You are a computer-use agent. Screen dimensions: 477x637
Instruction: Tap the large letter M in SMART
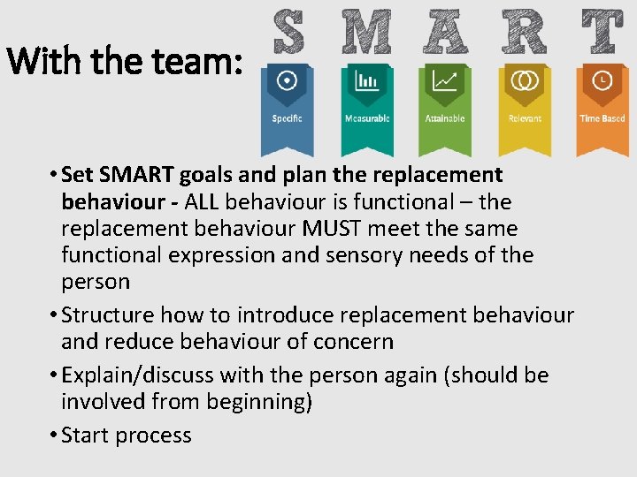point(368,32)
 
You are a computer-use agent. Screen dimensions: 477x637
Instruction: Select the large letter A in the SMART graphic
point(444,32)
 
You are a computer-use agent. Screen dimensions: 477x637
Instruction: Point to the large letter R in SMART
point(525,32)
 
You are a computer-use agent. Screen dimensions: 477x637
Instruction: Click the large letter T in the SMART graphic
point(602,32)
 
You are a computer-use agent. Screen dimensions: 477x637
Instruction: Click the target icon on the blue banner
point(287,80)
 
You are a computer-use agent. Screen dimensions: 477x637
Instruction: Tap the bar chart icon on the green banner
point(366,81)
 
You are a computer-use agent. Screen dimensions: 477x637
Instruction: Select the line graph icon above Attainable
point(444,81)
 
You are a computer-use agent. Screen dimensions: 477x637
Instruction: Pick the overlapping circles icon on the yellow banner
point(525,81)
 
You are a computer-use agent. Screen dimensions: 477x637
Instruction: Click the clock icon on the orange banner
point(602,80)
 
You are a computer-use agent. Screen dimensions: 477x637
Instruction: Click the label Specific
point(287,118)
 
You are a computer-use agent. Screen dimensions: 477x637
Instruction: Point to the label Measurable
point(366,118)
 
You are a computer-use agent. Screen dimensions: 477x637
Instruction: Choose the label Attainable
point(444,118)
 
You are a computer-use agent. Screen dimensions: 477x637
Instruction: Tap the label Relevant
point(525,118)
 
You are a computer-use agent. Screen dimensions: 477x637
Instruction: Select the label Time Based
point(602,118)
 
